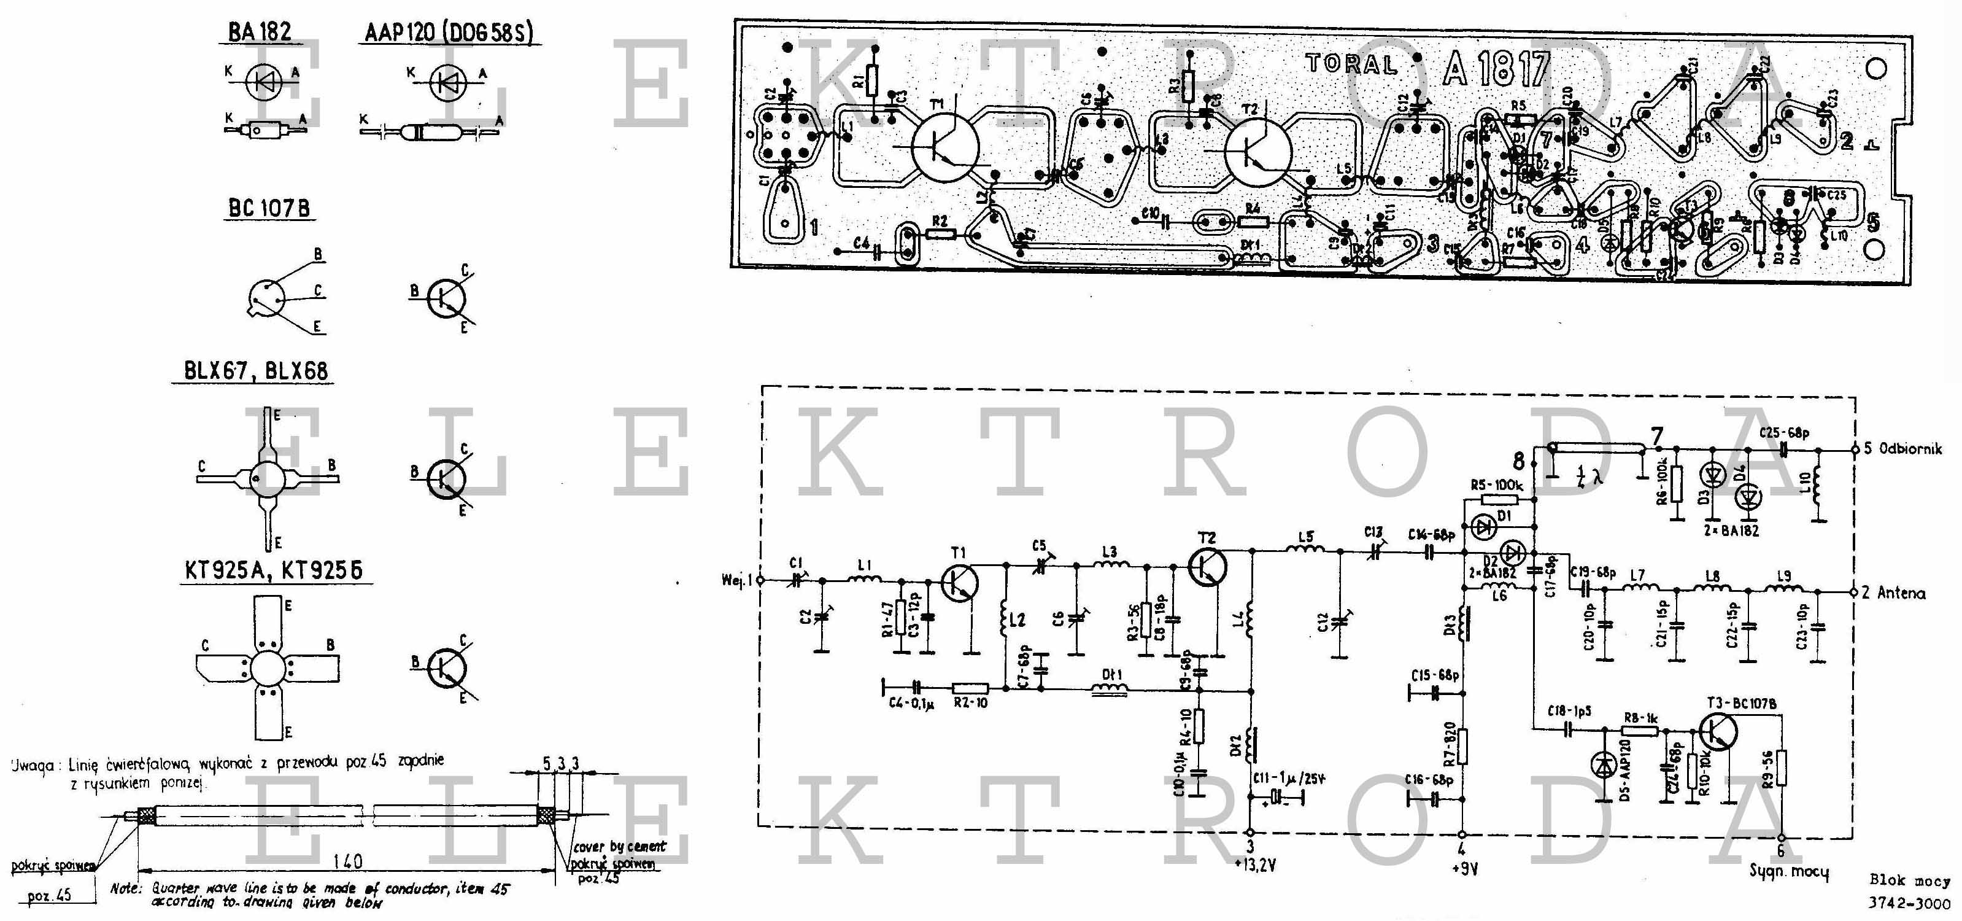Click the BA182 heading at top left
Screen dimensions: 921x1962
click(x=260, y=32)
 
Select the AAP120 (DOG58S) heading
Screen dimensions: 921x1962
click(x=449, y=32)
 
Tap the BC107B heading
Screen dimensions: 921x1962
click(x=269, y=208)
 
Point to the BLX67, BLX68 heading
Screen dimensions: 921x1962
click(x=256, y=371)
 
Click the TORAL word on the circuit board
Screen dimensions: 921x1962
click(x=1352, y=64)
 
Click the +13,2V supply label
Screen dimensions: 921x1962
click(x=1254, y=865)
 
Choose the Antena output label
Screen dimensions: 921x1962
click(x=1901, y=593)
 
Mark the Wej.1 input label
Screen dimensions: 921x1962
click(x=736, y=580)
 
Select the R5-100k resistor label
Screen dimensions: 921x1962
click(x=1496, y=484)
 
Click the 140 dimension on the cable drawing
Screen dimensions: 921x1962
click(x=347, y=861)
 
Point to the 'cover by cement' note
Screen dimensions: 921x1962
click(x=619, y=846)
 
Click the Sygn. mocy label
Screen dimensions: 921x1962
click(x=1788, y=871)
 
